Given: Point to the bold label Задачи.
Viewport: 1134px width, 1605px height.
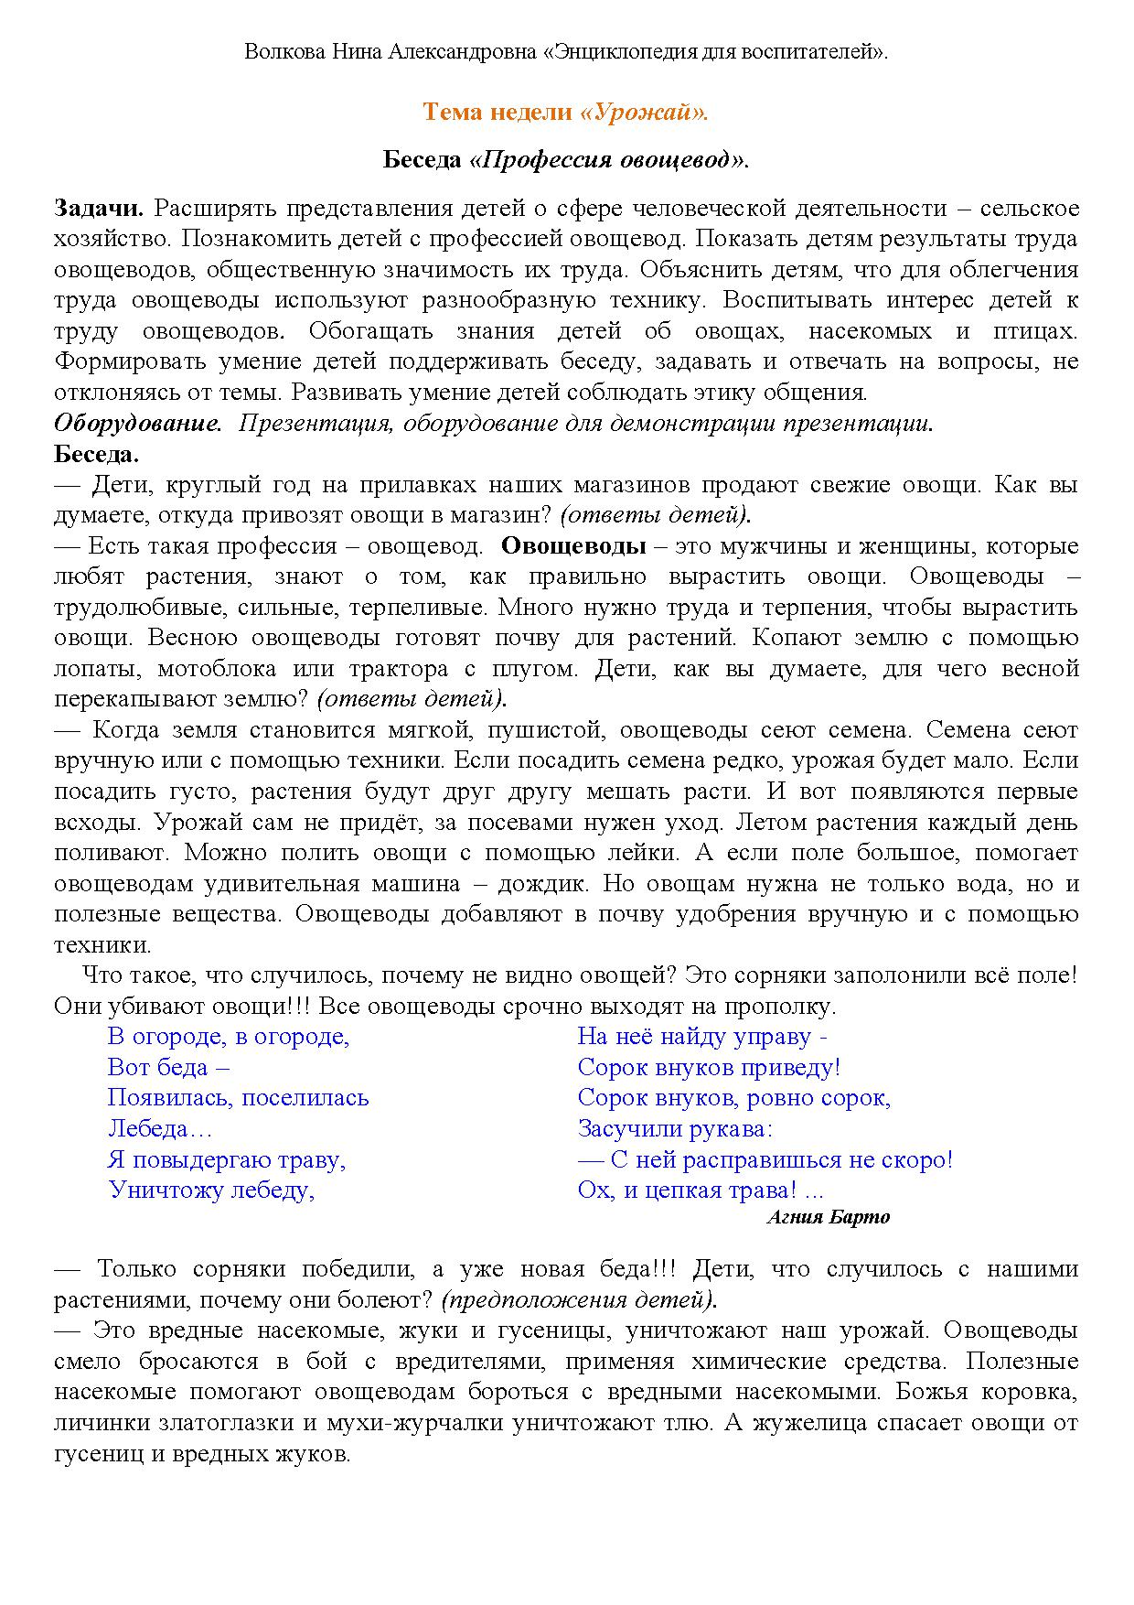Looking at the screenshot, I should click(99, 208).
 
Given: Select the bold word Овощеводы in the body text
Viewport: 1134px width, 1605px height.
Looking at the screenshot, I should click(573, 546).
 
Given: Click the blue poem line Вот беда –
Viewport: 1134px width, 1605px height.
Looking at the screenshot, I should click(168, 1067).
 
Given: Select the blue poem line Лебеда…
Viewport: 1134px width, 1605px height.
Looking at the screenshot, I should click(159, 1128).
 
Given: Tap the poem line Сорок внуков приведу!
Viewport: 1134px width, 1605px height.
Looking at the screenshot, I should click(709, 1067).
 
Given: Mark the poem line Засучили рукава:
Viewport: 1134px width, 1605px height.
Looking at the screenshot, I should click(675, 1128).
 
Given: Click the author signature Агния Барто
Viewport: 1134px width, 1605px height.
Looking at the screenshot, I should click(828, 1217).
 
